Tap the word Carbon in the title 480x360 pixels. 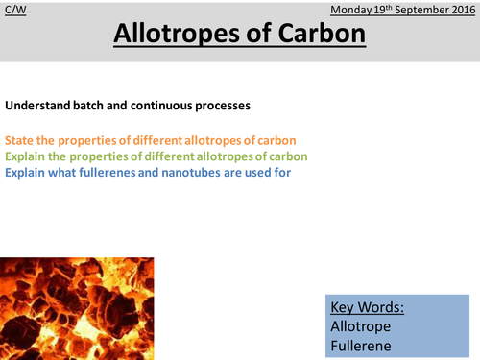pos(313,35)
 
